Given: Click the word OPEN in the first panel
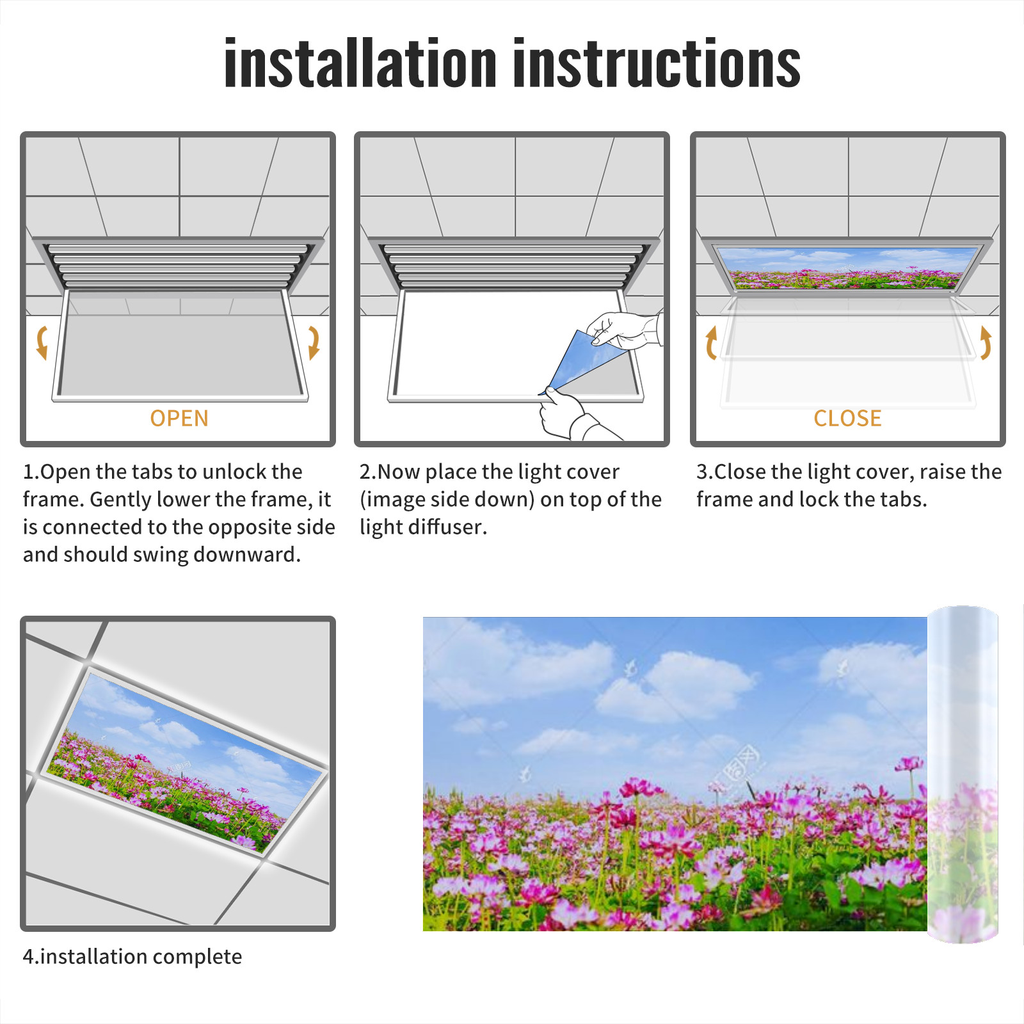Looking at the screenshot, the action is pyautogui.click(x=179, y=419).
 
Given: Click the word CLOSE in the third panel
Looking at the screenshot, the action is pyautogui.click(x=847, y=419).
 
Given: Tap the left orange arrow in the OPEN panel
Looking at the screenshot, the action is pyautogui.click(x=42, y=342).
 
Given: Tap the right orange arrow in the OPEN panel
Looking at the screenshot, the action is pyautogui.click(x=314, y=342).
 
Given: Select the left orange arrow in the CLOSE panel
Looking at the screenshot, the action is pyautogui.click(x=710, y=342).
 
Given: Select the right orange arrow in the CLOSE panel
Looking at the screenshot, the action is pyautogui.click(x=986, y=342).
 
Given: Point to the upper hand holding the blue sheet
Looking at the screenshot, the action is pyautogui.click(x=624, y=330).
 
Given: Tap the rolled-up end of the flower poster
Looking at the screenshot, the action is pyautogui.click(x=963, y=774).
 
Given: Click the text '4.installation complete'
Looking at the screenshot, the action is pyautogui.click(x=132, y=957).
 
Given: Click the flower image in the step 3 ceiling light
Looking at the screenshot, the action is pyautogui.click(x=847, y=268).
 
